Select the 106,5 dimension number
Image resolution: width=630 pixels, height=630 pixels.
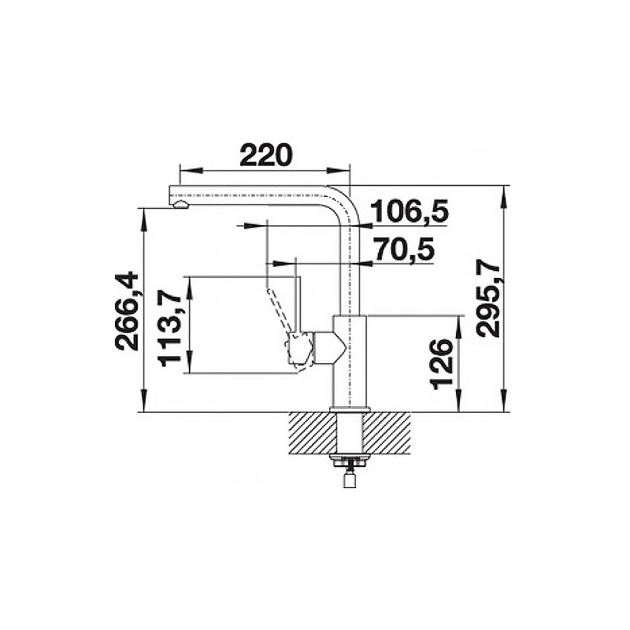pyautogui.click(x=409, y=212)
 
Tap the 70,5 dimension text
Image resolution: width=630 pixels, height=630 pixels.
pyautogui.click(x=404, y=250)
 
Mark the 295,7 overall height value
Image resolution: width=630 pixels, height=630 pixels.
pyautogui.click(x=487, y=300)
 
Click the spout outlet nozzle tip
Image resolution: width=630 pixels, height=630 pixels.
pyautogui.click(x=180, y=205)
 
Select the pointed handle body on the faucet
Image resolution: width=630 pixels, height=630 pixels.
pyautogui.click(x=328, y=348)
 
